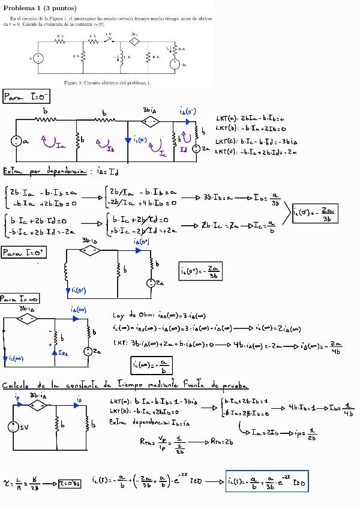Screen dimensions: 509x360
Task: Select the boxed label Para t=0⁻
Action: (27, 97)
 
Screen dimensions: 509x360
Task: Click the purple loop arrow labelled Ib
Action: (104, 144)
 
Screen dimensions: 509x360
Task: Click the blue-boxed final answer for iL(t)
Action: (266, 481)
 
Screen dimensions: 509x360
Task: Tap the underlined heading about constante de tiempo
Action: (126, 385)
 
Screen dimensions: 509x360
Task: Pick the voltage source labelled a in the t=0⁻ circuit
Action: (14, 142)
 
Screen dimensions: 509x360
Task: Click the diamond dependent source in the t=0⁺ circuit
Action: (91, 251)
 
